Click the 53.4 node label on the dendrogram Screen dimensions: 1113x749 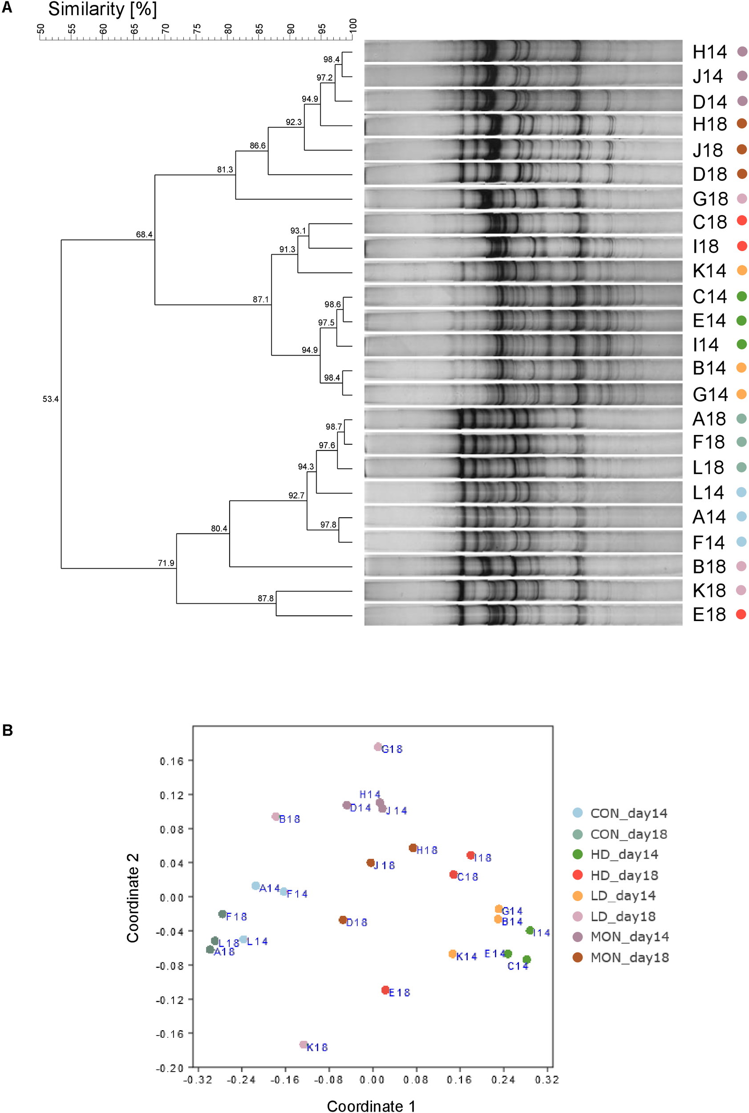point(50,399)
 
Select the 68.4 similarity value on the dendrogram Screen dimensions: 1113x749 point(144,235)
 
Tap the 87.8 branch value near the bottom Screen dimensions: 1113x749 point(265,598)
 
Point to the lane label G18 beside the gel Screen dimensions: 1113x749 point(710,199)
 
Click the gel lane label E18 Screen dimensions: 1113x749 point(709,614)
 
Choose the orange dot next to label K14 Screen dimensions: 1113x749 point(741,271)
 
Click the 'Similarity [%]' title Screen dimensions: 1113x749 point(102,9)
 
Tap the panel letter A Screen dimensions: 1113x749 point(7,7)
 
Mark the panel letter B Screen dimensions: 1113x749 point(7,730)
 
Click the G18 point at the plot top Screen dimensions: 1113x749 point(377,747)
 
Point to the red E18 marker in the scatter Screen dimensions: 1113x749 point(385,990)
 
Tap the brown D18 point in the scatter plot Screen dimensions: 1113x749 point(343,920)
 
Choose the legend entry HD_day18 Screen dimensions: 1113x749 point(624,875)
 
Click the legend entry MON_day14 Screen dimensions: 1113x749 point(629,936)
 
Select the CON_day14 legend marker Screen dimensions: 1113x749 point(578,812)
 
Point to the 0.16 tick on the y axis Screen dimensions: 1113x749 point(171,761)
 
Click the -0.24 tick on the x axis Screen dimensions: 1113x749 point(241,1080)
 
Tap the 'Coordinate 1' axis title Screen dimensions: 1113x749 point(371,1106)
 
